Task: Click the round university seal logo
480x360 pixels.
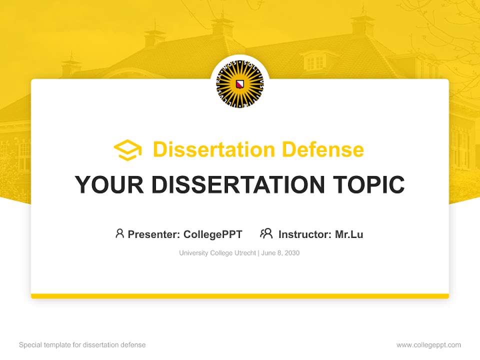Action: tap(240, 84)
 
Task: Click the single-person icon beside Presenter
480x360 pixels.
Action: tap(119, 233)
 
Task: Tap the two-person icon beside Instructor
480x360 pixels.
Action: tap(266, 233)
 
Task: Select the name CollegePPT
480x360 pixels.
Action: tap(213, 234)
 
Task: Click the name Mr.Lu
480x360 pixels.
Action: tap(349, 234)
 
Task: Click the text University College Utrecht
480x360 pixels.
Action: tap(217, 253)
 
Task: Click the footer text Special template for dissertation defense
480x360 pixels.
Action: tap(82, 345)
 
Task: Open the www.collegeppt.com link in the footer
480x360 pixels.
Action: tap(428, 345)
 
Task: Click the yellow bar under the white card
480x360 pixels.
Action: tap(240, 296)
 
